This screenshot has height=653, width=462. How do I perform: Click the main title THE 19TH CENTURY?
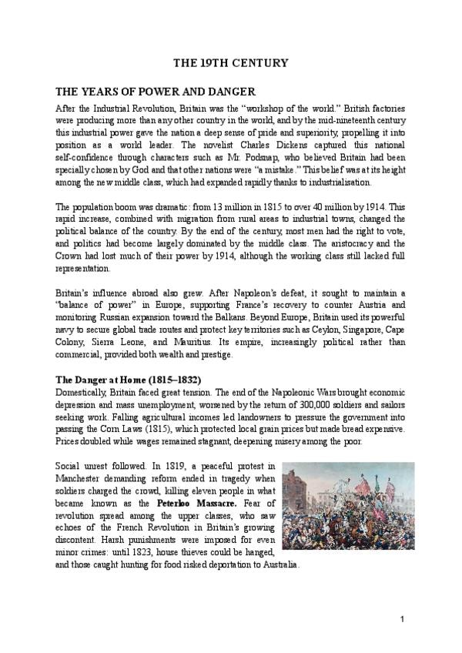coord(230,62)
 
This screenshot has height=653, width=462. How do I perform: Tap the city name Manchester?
coord(84,478)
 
